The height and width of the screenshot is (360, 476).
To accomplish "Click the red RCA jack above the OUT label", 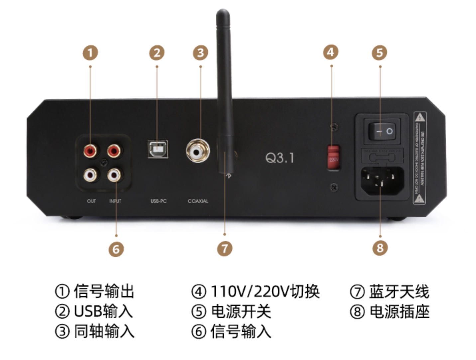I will (90, 151).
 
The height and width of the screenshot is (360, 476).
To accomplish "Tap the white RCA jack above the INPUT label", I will (114, 174).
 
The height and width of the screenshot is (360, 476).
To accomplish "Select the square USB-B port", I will (158, 149).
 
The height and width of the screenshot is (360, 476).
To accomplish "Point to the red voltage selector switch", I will (333, 157).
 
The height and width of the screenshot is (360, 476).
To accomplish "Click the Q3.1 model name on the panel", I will (280, 158).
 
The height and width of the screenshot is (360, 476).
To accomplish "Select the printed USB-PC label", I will (159, 201).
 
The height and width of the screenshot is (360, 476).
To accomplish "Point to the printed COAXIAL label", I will (198, 201).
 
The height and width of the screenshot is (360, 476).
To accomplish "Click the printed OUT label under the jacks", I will (91, 201).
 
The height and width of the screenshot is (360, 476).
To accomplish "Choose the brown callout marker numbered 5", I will (380, 53).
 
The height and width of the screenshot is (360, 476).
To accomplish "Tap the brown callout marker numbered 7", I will (225, 248).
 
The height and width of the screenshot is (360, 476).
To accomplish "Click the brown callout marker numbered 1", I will (90, 53).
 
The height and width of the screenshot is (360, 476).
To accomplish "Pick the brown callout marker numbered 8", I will (380, 248).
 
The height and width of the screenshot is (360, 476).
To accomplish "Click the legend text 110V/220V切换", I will (265, 292).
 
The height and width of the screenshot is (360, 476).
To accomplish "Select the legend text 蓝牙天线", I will (399, 292).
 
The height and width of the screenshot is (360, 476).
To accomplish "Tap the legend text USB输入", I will (103, 311).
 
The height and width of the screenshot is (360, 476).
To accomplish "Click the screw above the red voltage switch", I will (334, 127).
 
